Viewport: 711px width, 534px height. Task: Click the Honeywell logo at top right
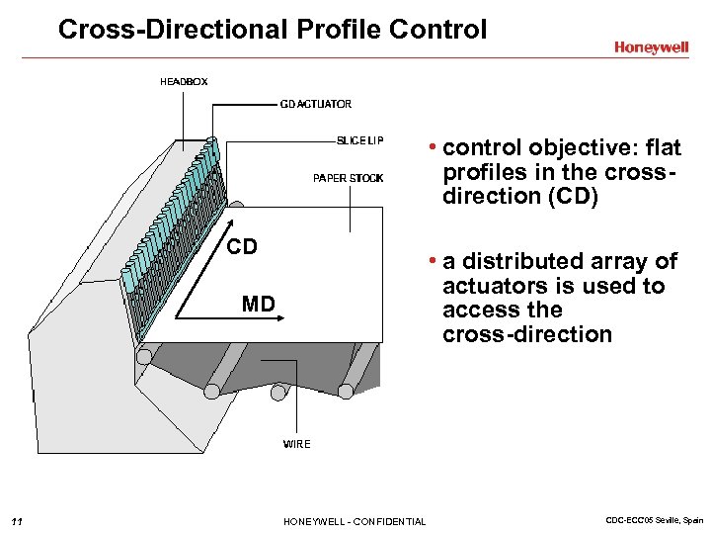coord(651,46)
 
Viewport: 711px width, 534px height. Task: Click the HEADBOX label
coord(184,82)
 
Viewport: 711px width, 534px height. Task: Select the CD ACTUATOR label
coord(316,104)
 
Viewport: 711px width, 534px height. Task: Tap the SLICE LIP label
coord(359,140)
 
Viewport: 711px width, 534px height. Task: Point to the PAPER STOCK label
coord(348,178)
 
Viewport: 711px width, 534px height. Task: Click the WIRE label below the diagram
coord(296,444)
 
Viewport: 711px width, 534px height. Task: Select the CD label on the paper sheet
coord(242,247)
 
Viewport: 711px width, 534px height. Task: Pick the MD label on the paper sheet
coord(258,304)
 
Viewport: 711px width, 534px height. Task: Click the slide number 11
coord(17,521)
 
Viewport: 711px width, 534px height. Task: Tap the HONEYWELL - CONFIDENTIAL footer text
coord(355,521)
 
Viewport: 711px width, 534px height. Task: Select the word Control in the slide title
coord(438,30)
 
